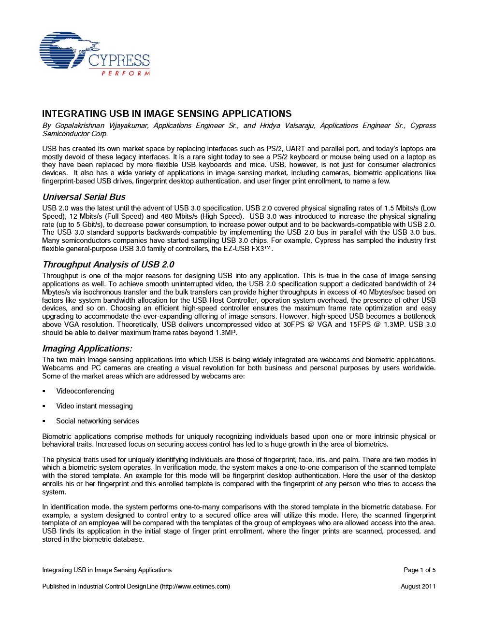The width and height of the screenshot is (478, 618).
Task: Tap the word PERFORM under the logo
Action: click(x=126, y=73)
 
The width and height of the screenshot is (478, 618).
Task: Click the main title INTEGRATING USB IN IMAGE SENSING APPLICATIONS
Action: click(x=167, y=114)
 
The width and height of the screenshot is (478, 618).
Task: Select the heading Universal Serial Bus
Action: click(x=84, y=197)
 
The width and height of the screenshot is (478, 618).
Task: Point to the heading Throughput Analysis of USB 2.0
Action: click(x=108, y=265)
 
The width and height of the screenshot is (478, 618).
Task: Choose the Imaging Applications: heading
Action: click(x=87, y=349)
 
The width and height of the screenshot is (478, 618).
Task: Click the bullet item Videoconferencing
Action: click(x=85, y=391)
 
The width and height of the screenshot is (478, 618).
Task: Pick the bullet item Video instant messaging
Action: click(x=94, y=406)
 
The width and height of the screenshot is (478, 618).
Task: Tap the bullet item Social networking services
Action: click(x=97, y=421)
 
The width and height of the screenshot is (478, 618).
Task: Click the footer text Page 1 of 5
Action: click(x=420, y=570)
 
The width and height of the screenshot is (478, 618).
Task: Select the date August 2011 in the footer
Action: click(x=418, y=587)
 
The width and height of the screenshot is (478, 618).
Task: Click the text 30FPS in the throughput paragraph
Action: click(x=294, y=324)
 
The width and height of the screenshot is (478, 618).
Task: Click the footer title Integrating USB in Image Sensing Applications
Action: click(x=107, y=570)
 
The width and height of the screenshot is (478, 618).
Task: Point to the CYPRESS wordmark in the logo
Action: click(x=119, y=61)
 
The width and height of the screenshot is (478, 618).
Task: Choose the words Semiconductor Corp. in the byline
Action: click(x=75, y=134)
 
